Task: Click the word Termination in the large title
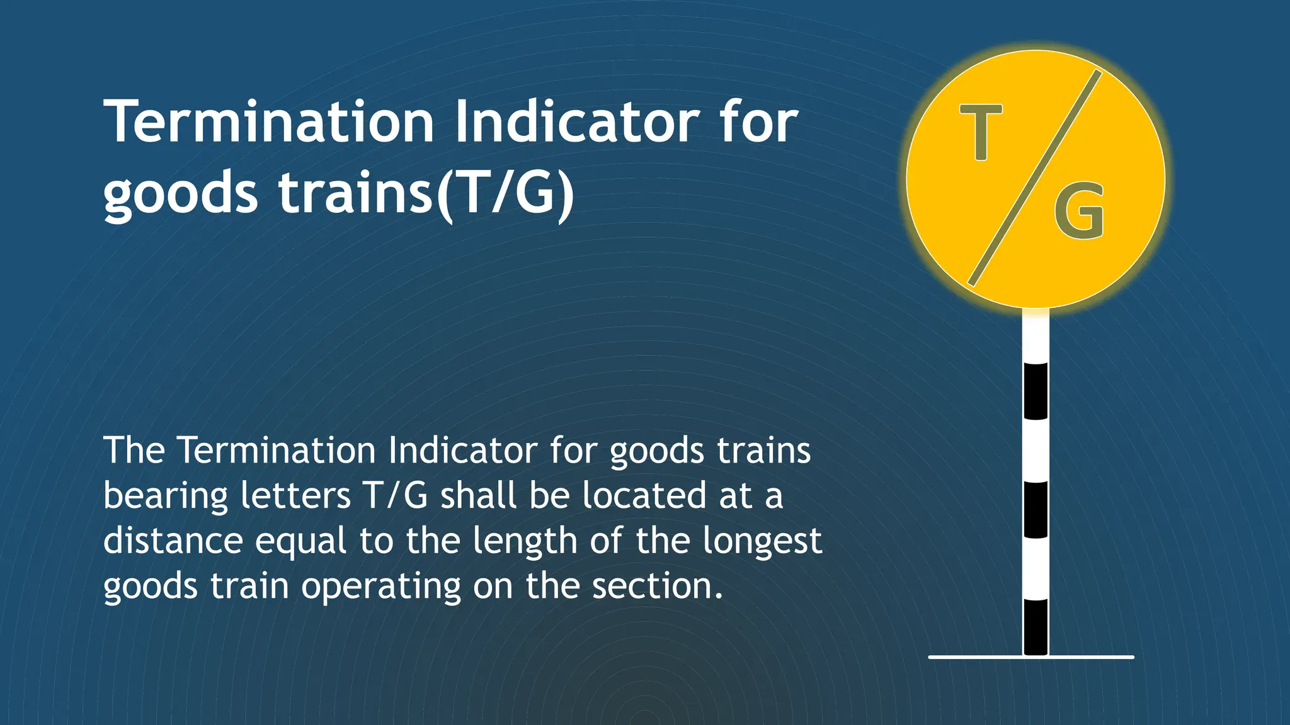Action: click(270, 122)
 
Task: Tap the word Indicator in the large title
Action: click(576, 122)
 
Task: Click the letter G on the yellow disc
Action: click(1080, 211)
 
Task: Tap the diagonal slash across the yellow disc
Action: click(1034, 178)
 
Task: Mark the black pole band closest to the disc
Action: click(1036, 391)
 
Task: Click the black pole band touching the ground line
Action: click(1036, 627)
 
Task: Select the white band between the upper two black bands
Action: click(1036, 450)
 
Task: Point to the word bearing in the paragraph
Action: click(166, 497)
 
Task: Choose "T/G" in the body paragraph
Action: click(396, 495)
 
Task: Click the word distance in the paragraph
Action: click(173, 541)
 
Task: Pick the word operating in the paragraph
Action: click(381, 587)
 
